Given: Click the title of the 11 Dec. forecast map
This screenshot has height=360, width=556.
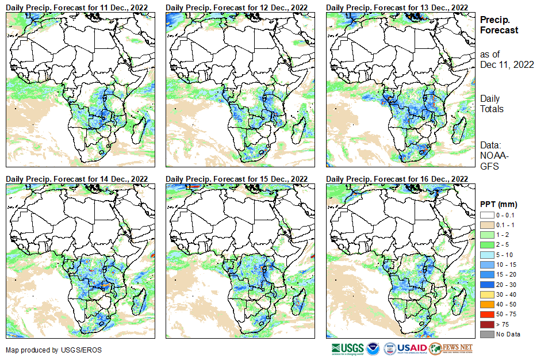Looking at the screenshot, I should coord(77,7).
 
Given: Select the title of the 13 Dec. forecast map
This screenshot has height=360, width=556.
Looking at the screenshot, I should coord(397,7).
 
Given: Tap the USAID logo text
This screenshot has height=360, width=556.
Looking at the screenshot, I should coord(412,348).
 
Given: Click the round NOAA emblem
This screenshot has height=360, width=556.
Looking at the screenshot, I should coord(373,348).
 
